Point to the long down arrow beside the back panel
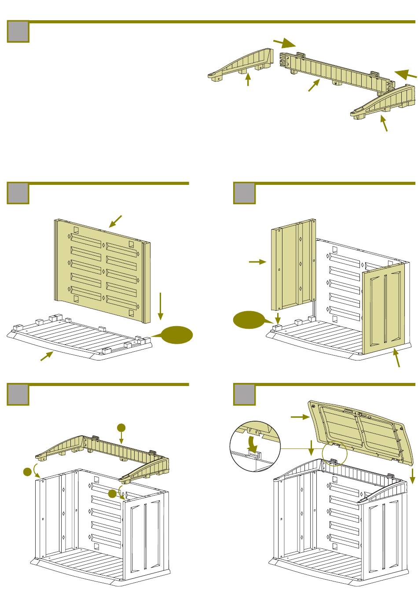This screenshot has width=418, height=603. click(x=161, y=305)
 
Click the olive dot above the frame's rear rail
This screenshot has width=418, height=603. click(x=121, y=427)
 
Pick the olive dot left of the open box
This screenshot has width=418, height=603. click(x=28, y=472)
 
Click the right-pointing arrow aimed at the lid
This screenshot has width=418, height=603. click(x=300, y=417)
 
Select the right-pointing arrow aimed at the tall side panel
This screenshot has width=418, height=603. click(x=258, y=262)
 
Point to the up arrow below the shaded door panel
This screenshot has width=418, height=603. click(x=397, y=357)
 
